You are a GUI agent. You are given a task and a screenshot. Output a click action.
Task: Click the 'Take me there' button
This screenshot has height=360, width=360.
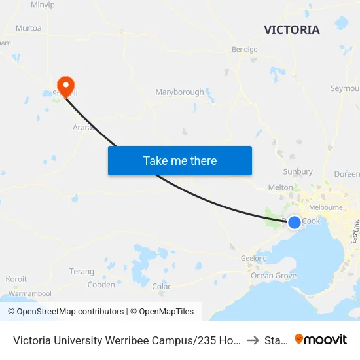pyautogui.click(x=180, y=160)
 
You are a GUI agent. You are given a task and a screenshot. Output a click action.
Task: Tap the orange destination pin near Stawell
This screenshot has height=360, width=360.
pyautogui.click(x=66, y=85)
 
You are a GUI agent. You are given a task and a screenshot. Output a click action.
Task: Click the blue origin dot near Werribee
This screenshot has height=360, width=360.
pyautogui.click(x=295, y=223)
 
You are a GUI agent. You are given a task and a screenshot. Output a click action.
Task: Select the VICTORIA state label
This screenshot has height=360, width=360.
pyautogui.click(x=292, y=30)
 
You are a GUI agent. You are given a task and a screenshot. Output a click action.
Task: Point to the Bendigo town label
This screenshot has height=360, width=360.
pyautogui.click(x=245, y=49)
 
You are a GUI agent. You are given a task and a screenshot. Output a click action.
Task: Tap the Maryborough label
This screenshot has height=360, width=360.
pyautogui.click(x=179, y=92)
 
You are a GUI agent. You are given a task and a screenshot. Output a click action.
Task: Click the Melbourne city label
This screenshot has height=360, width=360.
pyautogui.click(x=326, y=207)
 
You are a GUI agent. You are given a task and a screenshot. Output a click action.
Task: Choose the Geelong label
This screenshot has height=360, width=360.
pyautogui.click(x=254, y=259)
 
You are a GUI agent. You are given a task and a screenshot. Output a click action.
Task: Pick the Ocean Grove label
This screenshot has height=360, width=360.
pyautogui.click(x=274, y=276)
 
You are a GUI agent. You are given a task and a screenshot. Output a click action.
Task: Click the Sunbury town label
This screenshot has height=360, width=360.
pyautogui.click(x=298, y=172)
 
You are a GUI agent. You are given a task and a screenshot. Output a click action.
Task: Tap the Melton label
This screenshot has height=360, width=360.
pyautogui.click(x=281, y=187)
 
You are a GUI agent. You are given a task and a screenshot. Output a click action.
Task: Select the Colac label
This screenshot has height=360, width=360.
pyautogui.click(x=162, y=287)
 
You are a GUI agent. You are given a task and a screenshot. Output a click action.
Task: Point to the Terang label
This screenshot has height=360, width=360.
pyautogui.click(x=82, y=271)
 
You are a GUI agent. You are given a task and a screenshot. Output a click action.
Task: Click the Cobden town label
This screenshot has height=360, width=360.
pyautogui.click(x=101, y=285)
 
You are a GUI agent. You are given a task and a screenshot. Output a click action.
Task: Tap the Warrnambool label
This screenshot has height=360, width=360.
pyautogui.click(x=30, y=294)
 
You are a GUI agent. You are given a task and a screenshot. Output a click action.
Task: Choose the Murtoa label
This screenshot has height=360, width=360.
pyautogui.click(x=29, y=28)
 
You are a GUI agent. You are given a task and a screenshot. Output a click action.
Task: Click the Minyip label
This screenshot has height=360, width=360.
pyautogui.click(x=43, y=5)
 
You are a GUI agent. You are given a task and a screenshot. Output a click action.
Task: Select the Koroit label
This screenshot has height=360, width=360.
pyautogui.click(x=16, y=279)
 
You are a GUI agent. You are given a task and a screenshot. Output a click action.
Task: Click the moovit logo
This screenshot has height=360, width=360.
pyautogui.click(x=321, y=340)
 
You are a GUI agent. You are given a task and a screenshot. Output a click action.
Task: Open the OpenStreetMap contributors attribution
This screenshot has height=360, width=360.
pyautogui.click(x=70, y=312)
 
